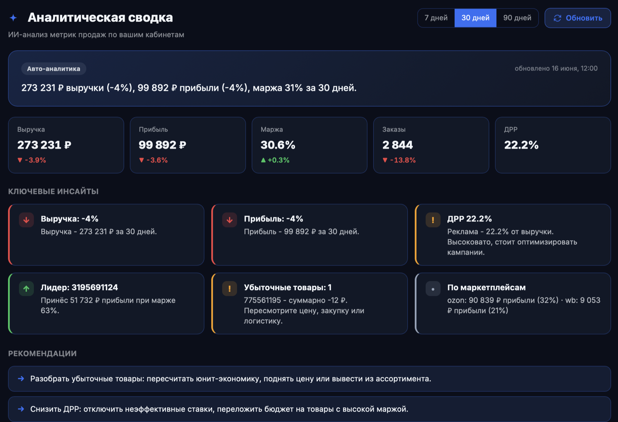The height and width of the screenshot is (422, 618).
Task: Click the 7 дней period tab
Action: pyautogui.click(x=436, y=18)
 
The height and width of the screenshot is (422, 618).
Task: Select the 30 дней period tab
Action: pyautogui.click(x=476, y=18)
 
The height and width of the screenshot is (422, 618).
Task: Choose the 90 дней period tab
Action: pyautogui.click(x=517, y=18)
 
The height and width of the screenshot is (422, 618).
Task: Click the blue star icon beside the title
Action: pyautogui.click(x=13, y=17)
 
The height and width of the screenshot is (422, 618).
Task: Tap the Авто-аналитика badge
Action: pyautogui.click(x=54, y=69)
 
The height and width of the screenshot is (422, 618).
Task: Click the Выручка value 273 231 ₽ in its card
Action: pyautogui.click(x=44, y=145)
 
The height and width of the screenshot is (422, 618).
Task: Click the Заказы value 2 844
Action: pyautogui.click(x=398, y=145)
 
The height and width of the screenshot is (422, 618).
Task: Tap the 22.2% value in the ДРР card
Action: pyautogui.click(x=521, y=145)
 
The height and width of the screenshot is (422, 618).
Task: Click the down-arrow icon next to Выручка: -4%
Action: pyautogui.click(x=26, y=220)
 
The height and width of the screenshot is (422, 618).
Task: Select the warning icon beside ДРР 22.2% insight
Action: pyautogui.click(x=433, y=220)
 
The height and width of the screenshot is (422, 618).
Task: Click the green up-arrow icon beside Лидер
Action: pyautogui.click(x=26, y=289)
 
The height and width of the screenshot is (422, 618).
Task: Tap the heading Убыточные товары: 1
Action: pyautogui.click(x=288, y=288)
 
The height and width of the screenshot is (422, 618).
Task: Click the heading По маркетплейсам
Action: pyautogui.click(x=487, y=288)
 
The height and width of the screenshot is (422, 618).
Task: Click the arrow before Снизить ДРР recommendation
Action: pyautogui.click(x=21, y=409)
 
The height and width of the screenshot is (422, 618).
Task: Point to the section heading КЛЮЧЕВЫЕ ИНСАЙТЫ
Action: pyautogui.click(x=53, y=191)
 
